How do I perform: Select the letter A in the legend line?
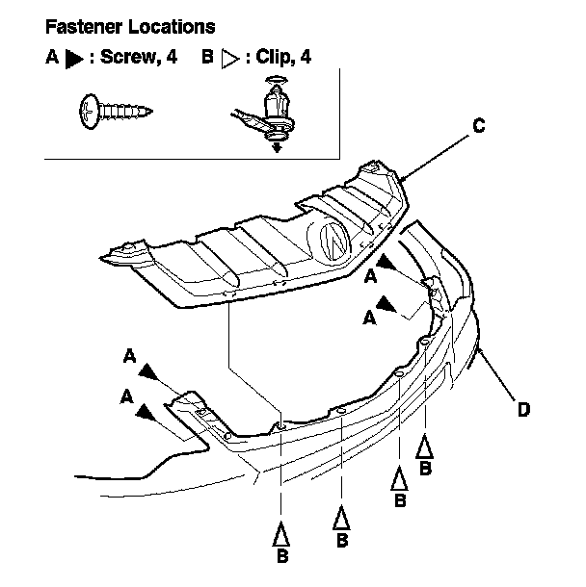(x=52, y=58)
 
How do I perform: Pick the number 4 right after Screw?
(x=172, y=58)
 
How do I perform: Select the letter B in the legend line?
(x=206, y=58)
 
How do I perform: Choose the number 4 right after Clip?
(x=306, y=58)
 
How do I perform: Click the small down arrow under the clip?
(x=277, y=147)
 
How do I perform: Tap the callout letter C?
(x=478, y=125)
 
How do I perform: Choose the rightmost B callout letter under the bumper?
(x=425, y=468)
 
